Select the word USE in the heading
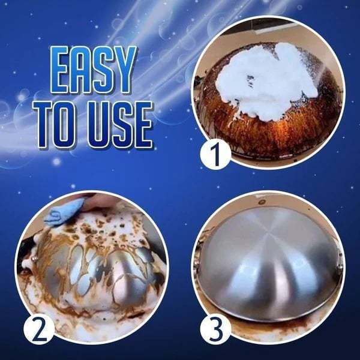[x=119, y=126]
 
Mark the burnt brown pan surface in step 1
[x=240, y=126]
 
